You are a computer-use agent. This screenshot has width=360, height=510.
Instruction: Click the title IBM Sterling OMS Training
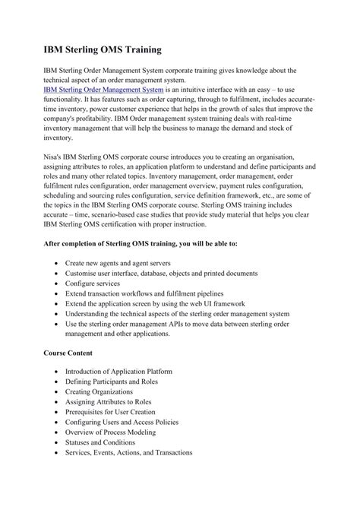coord(101,50)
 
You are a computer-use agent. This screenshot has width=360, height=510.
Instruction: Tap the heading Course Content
coord(68,353)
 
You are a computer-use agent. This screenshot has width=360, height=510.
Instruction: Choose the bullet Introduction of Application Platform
coord(125,372)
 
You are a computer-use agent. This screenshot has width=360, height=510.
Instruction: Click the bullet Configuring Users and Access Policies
coord(131,422)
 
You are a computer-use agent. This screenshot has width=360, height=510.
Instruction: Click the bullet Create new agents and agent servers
coord(128,261)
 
